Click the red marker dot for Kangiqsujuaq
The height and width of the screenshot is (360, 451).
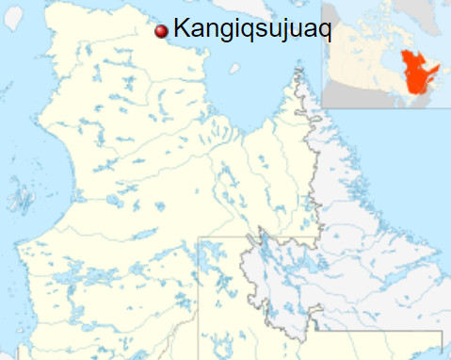[161, 31]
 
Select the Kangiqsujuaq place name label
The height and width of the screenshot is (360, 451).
[252, 31]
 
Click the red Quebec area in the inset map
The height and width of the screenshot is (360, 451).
[413, 75]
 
